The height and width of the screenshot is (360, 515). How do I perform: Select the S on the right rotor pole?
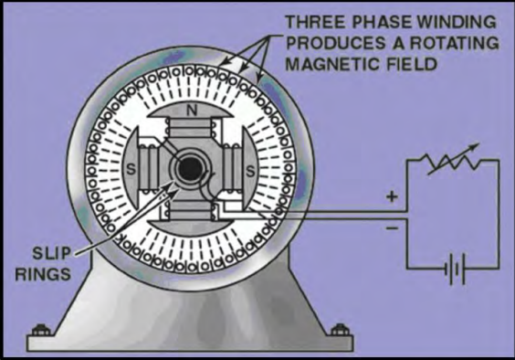tap(249, 170)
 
